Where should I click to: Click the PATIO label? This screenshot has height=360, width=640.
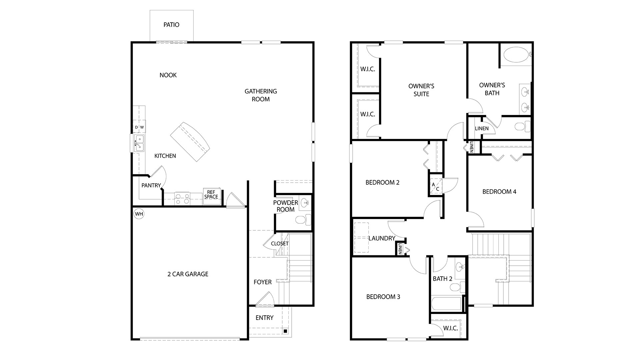click(x=171, y=25)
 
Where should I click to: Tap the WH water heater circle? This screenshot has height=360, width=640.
click(x=139, y=214)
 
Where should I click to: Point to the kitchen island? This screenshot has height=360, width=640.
click(x=190, y=141)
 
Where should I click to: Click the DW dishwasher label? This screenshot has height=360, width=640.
click(x=139, y=127)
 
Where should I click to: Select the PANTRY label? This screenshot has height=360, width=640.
click(x=151, y=185)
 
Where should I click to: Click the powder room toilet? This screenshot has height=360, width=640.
click(x=303, y=220)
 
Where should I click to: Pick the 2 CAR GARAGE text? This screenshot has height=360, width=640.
click(x=188, y=274)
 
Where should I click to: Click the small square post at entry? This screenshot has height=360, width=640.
click(x=285, y=331)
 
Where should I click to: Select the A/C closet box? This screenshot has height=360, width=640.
click(x=436, y=187)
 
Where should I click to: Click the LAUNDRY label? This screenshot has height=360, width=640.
click(x=382, y=238)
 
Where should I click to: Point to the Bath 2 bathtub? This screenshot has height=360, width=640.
click(x=446, y=304)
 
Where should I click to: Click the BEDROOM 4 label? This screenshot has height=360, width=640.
click(x=499, y=192)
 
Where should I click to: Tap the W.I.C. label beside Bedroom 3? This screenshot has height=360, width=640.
click(x=450, y=328)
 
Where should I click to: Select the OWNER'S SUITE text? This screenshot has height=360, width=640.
click(x=421, y=90)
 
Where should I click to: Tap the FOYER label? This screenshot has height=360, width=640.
click(x=262, y=282)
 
